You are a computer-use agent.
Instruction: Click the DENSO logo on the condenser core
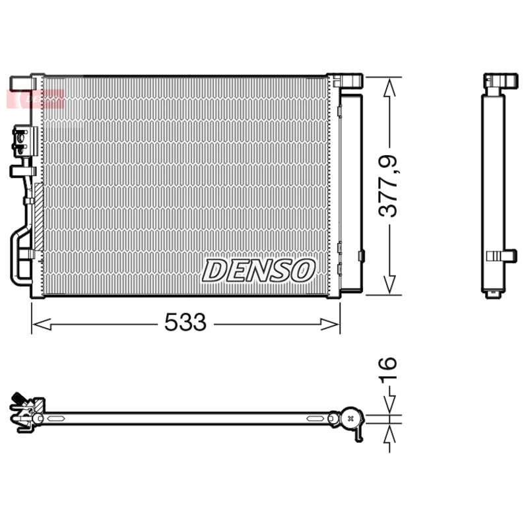[259, 270]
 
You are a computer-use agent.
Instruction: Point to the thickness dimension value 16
[388, 372]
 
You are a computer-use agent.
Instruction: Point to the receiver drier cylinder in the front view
[351, 191]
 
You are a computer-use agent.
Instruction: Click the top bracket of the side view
[500, 82]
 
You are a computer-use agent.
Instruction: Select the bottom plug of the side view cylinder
[493, 293]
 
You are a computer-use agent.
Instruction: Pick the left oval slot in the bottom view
[57, 418]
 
